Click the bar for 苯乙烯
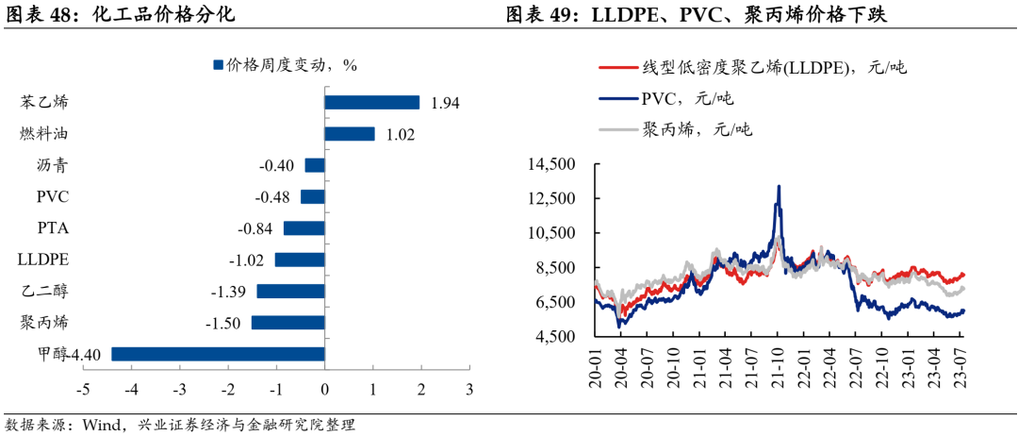[371, 103]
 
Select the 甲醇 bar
[218, 354]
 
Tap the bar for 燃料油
[349, 134]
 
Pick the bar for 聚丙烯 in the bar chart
[287, 323]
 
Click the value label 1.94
[444, 104]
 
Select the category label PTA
[52, 228]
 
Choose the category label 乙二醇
[45, 292]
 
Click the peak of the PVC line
[779, 186]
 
